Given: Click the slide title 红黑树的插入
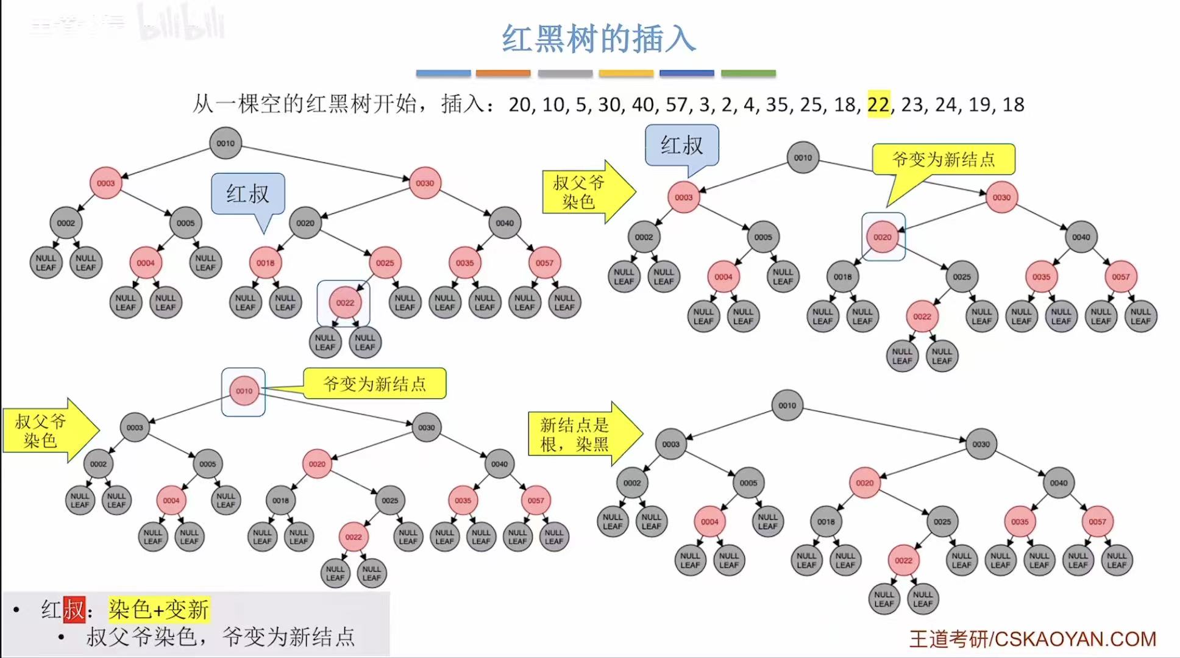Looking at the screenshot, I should click(599, 39).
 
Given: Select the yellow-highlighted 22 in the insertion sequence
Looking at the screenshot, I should click(878, 104).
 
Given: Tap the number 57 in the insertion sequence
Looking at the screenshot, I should click(677, 104).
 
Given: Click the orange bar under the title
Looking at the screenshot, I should click(503, 73).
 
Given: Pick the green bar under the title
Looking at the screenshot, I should click(748, 73).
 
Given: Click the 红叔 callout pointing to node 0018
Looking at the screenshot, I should click(247, 194).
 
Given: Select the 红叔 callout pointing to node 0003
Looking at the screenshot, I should click(681, 145).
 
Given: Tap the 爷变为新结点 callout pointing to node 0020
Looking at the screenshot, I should click(943, 160).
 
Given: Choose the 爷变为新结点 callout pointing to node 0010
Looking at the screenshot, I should click(374, 384).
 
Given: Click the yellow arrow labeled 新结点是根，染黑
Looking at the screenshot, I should click(583, 434).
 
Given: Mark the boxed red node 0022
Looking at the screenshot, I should click(345, 302).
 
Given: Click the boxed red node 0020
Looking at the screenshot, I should click(883, 237).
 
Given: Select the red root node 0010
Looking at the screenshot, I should click(244, 392).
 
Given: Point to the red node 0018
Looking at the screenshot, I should click(265, 263).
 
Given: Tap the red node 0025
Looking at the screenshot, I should click(385, 263).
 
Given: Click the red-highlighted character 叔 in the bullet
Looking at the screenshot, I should click(74, 609).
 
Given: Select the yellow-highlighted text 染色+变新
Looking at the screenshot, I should click(159, 609).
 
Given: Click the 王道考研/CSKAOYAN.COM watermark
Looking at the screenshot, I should click(1032, 638).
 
